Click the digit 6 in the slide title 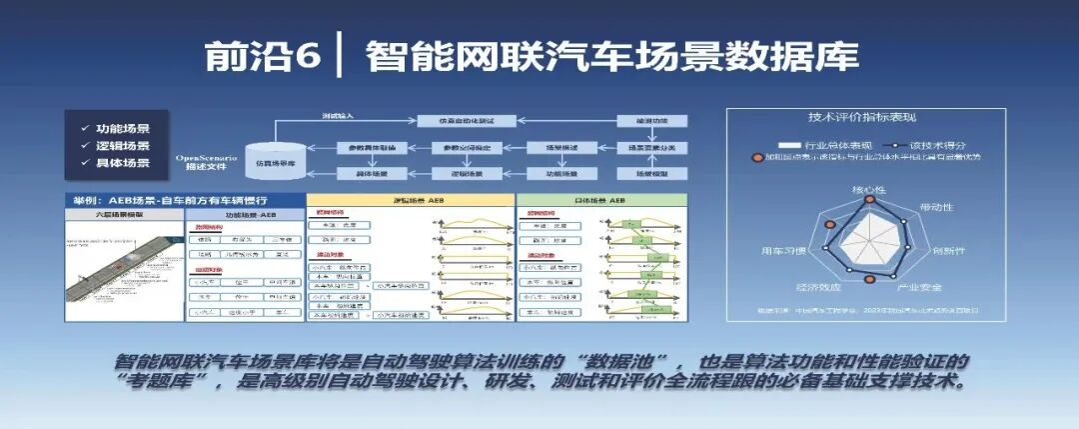pos(307,57)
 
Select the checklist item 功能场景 pos(122,129)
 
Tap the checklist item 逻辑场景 pos(122,146)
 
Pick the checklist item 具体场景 pos(122,163)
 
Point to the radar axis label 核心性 pos(867,189)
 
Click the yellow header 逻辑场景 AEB pos(410,200)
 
